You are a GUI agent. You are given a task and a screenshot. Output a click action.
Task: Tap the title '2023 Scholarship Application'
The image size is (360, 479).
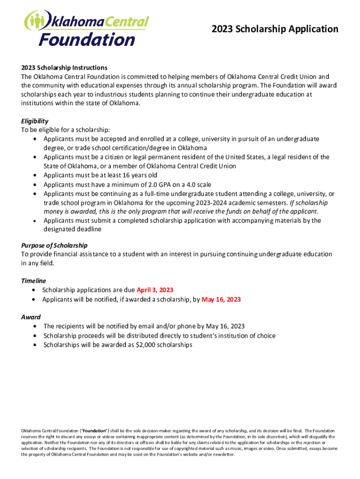(275, 29)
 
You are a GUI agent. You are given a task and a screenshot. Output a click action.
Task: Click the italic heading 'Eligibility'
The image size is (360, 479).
(35, 121)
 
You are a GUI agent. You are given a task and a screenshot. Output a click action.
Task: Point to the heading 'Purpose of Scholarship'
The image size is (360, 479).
(54, 246)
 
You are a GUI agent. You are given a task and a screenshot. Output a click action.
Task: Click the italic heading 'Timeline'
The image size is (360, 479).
(34, 281)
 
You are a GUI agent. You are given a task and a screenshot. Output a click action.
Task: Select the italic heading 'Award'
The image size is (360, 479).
(31, 317)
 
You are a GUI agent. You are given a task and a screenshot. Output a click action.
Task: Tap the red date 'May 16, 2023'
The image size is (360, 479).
(221, 299)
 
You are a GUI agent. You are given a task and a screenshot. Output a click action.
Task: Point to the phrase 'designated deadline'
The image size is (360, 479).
(72, 230)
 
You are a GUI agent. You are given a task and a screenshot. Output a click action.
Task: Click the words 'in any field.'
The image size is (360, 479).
(38, 263)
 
